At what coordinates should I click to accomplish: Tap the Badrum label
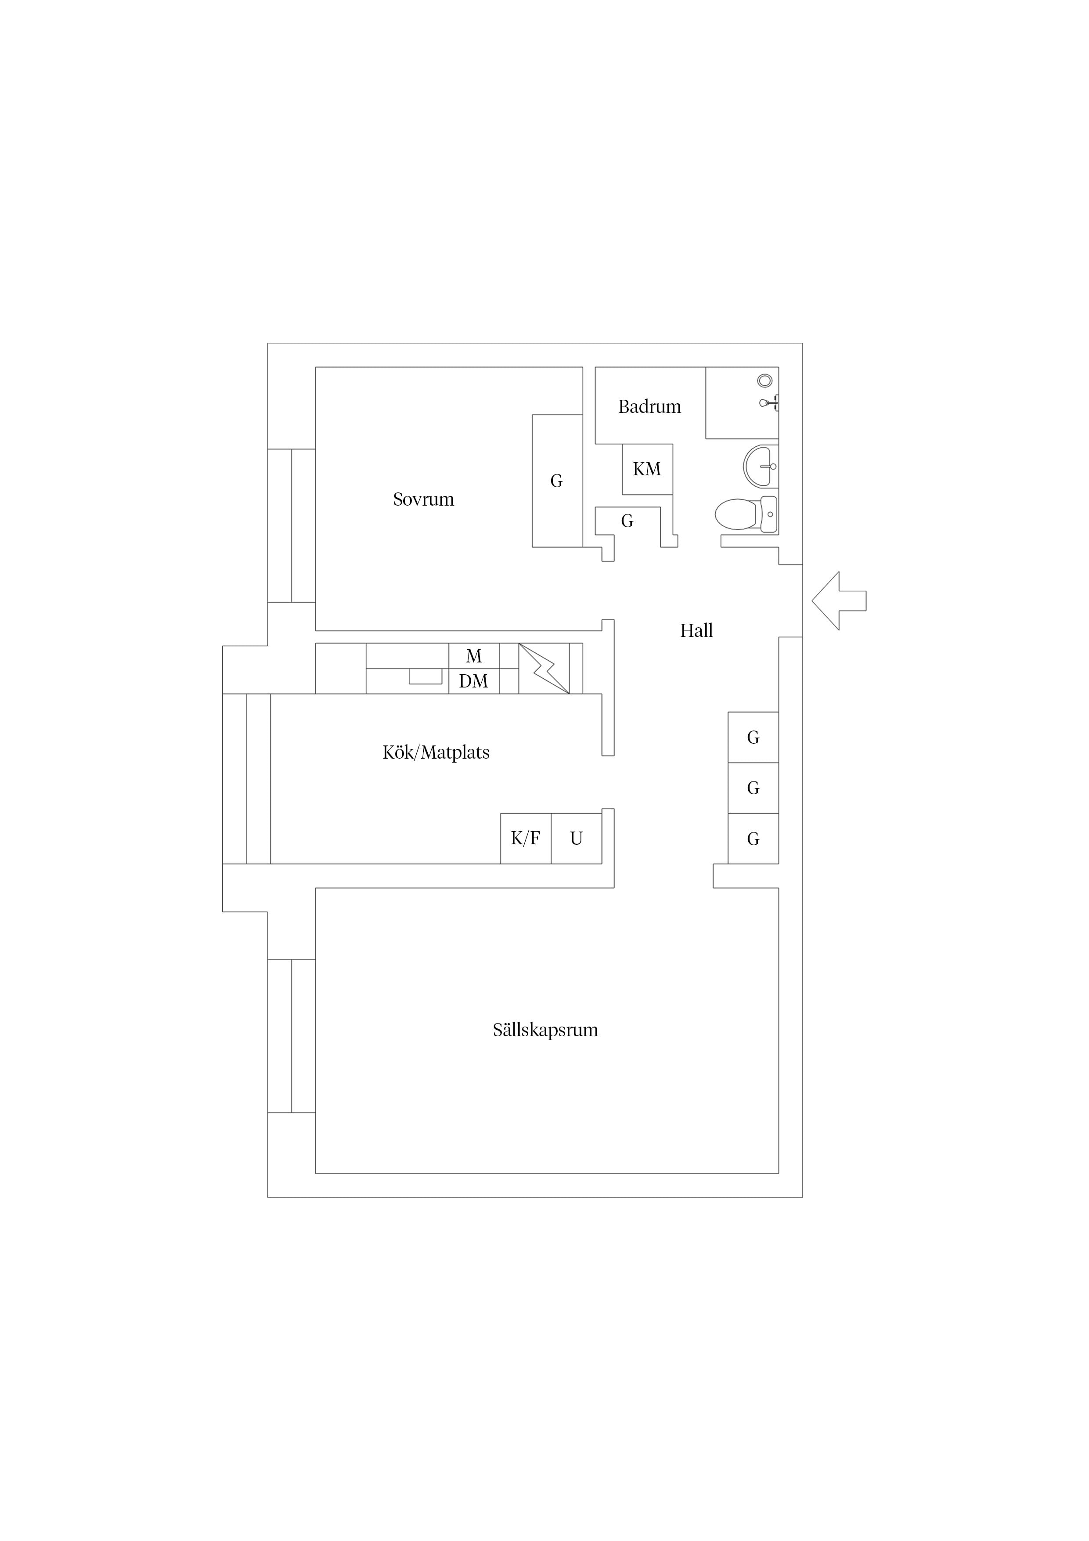tap(649, 407)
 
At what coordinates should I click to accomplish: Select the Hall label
tap(696, 630)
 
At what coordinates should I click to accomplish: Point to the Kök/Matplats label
tap(436, 752)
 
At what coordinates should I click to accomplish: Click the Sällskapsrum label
tap(545, 1030)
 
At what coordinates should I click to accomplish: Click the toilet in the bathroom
tap(746, 514)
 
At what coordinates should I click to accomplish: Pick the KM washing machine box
tap(648, 469)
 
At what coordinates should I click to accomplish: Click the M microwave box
tap(474, 656)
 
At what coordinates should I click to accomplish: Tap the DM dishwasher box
tap(474, 681)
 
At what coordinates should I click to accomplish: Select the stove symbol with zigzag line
tap(544, 669)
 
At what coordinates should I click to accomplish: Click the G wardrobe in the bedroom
tap(558, 481)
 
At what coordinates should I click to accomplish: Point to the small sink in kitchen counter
tap(426, 676)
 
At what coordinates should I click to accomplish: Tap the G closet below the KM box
tap(628, 521)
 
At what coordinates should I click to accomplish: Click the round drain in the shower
tap(765, 380)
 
